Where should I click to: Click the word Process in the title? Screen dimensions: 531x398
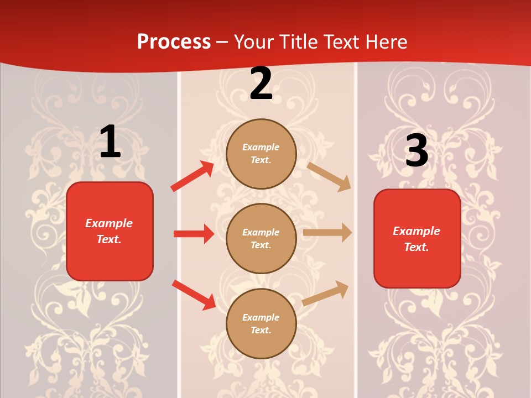[x=174, y=42]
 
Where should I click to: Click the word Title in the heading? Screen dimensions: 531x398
[x=297, y=42]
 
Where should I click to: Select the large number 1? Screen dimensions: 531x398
[x=110, y=142]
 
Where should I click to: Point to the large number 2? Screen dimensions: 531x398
[x=261, y=83]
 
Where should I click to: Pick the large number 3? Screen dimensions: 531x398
[x=417, y=150]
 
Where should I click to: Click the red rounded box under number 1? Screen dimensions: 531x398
[x=110, y=231]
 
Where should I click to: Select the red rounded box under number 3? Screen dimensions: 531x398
[x=417, y=238]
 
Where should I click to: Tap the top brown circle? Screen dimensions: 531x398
[x=261, y=154]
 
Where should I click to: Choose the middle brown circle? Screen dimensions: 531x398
[x=261, y=238]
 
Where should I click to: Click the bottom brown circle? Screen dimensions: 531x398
[x=261, y=323]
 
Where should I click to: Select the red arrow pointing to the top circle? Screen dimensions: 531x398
[x=192, y=176]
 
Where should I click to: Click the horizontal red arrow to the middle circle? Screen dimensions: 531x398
[x=194, y=234]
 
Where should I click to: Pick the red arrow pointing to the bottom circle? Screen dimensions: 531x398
[x=194, y=294]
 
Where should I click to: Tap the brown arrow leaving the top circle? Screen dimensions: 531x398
[x=329, y=176]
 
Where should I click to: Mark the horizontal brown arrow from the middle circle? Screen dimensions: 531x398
[x=327, y=233]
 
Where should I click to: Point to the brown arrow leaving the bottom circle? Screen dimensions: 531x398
[x=326, y=293]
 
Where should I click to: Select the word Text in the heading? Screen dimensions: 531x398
[x=342, y=42]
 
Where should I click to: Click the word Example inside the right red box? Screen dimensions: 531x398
[x=417, y=231]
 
